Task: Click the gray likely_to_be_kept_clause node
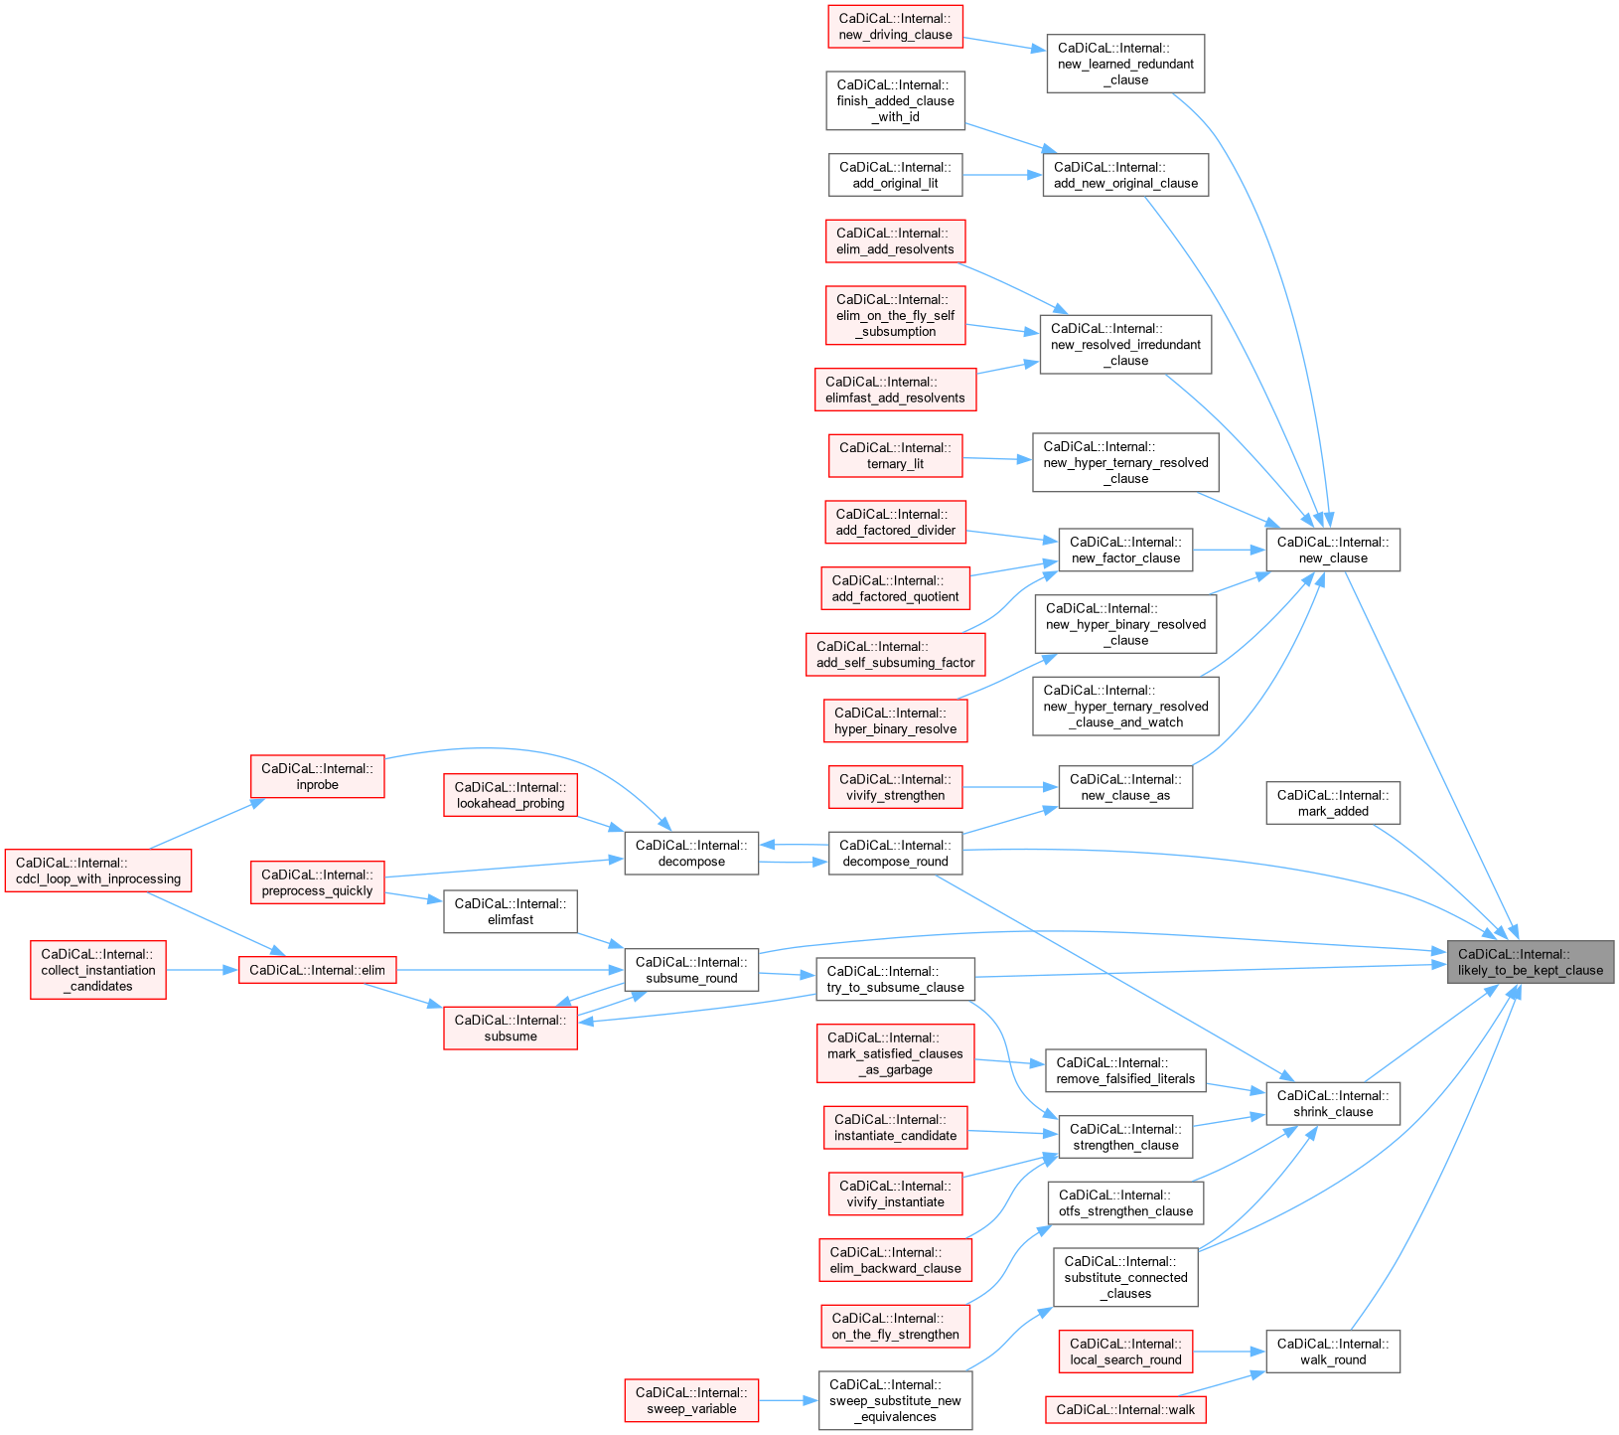[1530, 962]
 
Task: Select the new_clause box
[1333, 550]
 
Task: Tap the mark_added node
[1333, 803]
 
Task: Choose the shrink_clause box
[1333, 1103]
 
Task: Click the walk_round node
[1333, 1352]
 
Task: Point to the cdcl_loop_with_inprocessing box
[98, 871]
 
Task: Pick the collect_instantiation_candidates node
[98, 970]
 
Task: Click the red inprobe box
[317, 776]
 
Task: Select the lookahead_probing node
[511, 795]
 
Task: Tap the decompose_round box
[895, 853]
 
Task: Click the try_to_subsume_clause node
[895, 979]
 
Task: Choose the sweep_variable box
[691, 1400]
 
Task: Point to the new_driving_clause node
[895, 26]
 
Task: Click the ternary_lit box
[895, 455]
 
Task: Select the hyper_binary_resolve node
[895, 720]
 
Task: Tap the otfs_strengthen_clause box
[1125, 1202]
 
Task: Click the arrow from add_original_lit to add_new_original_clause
[1002, 175]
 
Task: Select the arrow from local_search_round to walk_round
[1229, 1352]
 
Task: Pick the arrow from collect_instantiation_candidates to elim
[202, 970]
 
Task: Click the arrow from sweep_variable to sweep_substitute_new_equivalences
[789, 1400]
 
